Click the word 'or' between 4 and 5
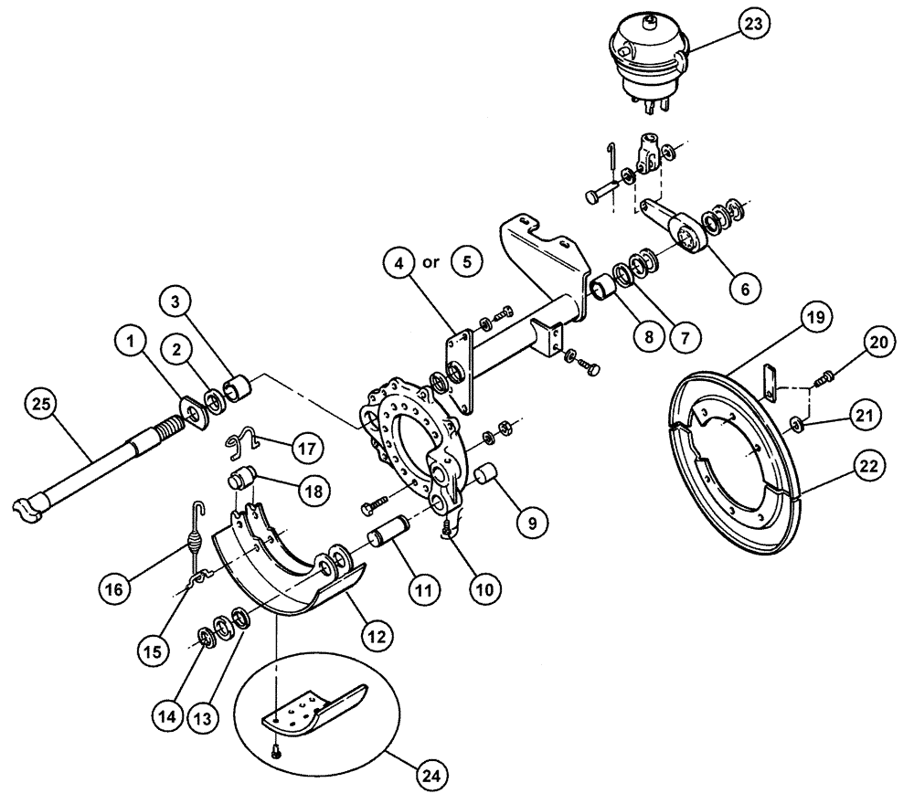(431, 262)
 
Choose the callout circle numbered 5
(467, 262)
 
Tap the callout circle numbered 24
(431, 777)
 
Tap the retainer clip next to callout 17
(243, 441)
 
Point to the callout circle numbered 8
(647, 335)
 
